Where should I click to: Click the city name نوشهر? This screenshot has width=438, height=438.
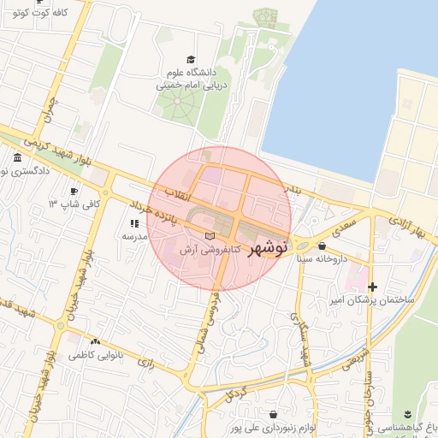pyautogui.click(x=268, y=249)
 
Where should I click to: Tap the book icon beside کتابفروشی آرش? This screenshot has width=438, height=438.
pyautogui.click(x=210, y=235)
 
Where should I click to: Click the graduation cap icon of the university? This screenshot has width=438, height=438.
pyautogui.click(x=191, y=59)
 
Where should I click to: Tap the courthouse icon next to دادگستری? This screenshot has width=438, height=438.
pyautogui.click(x=18, y=158)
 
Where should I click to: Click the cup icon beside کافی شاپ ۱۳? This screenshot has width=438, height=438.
pyautogui.click(x=74, y=191)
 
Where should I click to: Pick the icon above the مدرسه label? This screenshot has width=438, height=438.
pyautogui.click(x=134, y=223)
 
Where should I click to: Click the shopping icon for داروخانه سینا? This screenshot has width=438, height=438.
pyautogui.click(x=322, y=246)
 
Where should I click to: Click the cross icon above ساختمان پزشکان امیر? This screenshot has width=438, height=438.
pyautogui.click(x=372, y=287)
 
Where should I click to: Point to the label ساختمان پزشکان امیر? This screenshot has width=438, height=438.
pyautogui.click(x=373, y=300)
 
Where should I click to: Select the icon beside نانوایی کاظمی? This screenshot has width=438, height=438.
pyautogui.click(x=94, y=340)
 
